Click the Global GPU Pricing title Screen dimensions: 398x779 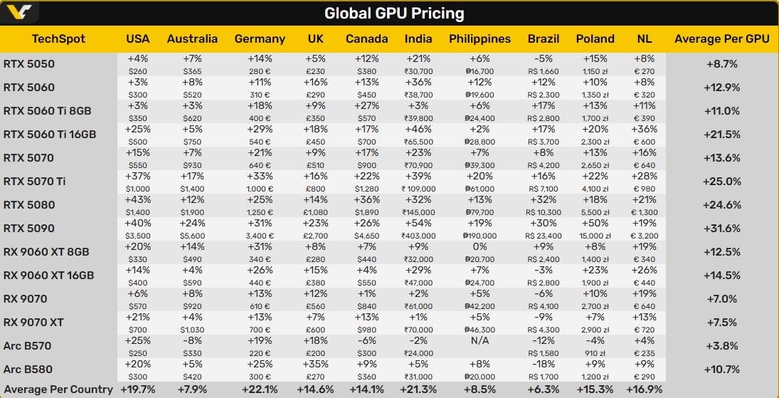[394, 14]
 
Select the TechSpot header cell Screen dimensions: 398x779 [58, 38]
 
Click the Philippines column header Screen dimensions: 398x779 [479, 38]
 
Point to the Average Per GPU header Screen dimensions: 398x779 [721, 38]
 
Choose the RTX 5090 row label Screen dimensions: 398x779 [29, 229]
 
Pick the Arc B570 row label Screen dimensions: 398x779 [28, 346]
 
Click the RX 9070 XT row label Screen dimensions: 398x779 [33, 323]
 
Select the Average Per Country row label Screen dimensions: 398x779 [58, 389]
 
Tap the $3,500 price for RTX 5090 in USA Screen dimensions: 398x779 [138, 236]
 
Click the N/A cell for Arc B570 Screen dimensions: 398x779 [480, 340]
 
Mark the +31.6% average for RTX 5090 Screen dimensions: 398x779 [721, 229]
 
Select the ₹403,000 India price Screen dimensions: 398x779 [418, 236]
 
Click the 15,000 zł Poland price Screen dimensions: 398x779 [595, 236]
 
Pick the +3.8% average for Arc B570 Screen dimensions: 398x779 [721, 346]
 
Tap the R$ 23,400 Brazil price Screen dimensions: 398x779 [544, 236]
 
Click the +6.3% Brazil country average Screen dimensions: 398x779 [544, 389]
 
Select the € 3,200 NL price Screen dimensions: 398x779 [644, 236]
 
